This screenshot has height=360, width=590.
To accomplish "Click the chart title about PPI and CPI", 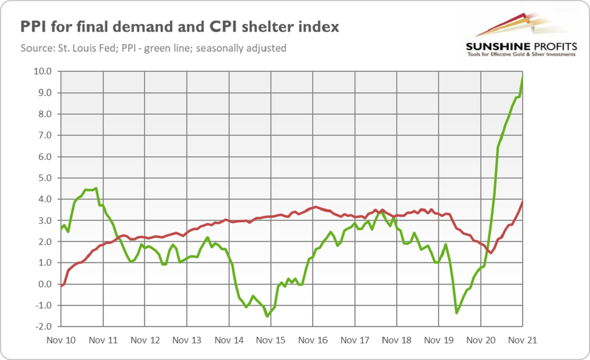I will pos(179,27).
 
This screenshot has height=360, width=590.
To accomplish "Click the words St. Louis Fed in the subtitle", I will pos(78,49).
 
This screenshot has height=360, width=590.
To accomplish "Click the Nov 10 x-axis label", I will pos(61,340).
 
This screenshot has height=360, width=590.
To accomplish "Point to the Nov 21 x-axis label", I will pos(522,340).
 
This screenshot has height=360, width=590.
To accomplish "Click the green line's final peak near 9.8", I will pos(522,76).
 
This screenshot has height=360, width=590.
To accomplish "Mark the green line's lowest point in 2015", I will pos(267,316).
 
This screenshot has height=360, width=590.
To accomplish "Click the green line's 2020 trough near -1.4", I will pos(457,313).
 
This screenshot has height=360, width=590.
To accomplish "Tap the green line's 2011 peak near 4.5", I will pos(96,188).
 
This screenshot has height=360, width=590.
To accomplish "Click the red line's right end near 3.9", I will pos(522,201).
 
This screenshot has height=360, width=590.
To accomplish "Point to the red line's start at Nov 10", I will pos(61,285).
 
